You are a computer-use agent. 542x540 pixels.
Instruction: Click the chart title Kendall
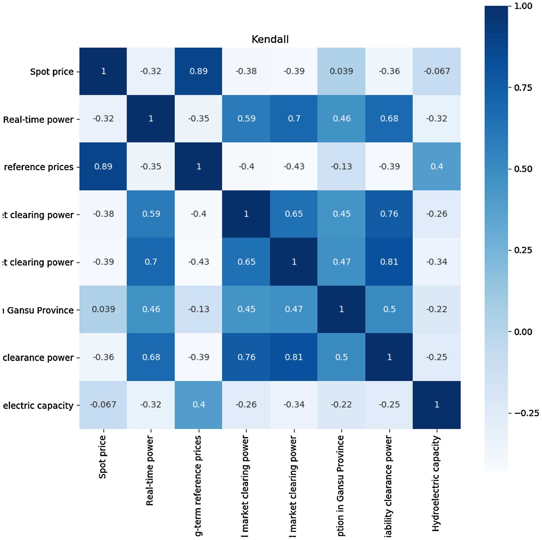[270, 39]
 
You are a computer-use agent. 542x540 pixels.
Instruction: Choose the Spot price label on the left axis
[52, 72]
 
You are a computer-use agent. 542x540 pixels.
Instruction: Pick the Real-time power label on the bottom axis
[150, 471]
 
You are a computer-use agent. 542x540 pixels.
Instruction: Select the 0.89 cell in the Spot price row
[198, 71]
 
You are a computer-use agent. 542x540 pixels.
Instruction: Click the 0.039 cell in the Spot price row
[341, 71]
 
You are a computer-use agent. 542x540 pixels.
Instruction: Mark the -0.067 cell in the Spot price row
[437, 71]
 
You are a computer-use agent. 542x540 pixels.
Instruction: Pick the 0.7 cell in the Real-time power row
[294, 119]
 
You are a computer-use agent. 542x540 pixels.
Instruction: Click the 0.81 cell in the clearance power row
[294, 357]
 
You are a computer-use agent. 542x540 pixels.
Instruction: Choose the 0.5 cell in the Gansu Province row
[389, 309]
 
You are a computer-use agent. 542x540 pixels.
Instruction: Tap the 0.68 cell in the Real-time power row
[389, 119]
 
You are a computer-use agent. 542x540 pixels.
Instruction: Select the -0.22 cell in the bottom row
[341, 405]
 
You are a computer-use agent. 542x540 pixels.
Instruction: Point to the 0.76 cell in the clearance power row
[246, 357]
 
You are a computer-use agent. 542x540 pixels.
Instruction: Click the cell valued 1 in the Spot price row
[103, 71]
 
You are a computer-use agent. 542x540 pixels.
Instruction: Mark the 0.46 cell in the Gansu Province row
[151, 309]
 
